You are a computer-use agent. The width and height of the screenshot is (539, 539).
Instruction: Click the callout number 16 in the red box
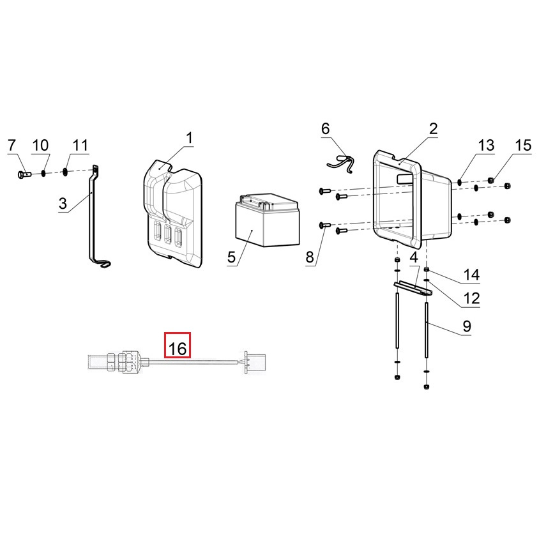178,349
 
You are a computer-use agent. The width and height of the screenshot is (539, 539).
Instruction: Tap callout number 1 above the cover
189,138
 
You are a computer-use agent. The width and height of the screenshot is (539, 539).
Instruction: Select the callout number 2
433,128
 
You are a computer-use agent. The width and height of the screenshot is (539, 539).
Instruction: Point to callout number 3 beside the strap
63,203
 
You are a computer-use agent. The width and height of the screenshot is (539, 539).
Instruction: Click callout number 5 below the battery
231,257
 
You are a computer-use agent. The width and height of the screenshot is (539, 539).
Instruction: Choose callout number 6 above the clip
325,128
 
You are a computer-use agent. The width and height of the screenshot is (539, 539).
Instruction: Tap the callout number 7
11,145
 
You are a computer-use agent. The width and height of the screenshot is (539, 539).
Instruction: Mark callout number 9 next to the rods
466,326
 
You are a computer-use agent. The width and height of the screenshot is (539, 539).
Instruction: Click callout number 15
523,145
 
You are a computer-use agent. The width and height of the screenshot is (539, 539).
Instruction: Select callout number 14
471,275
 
